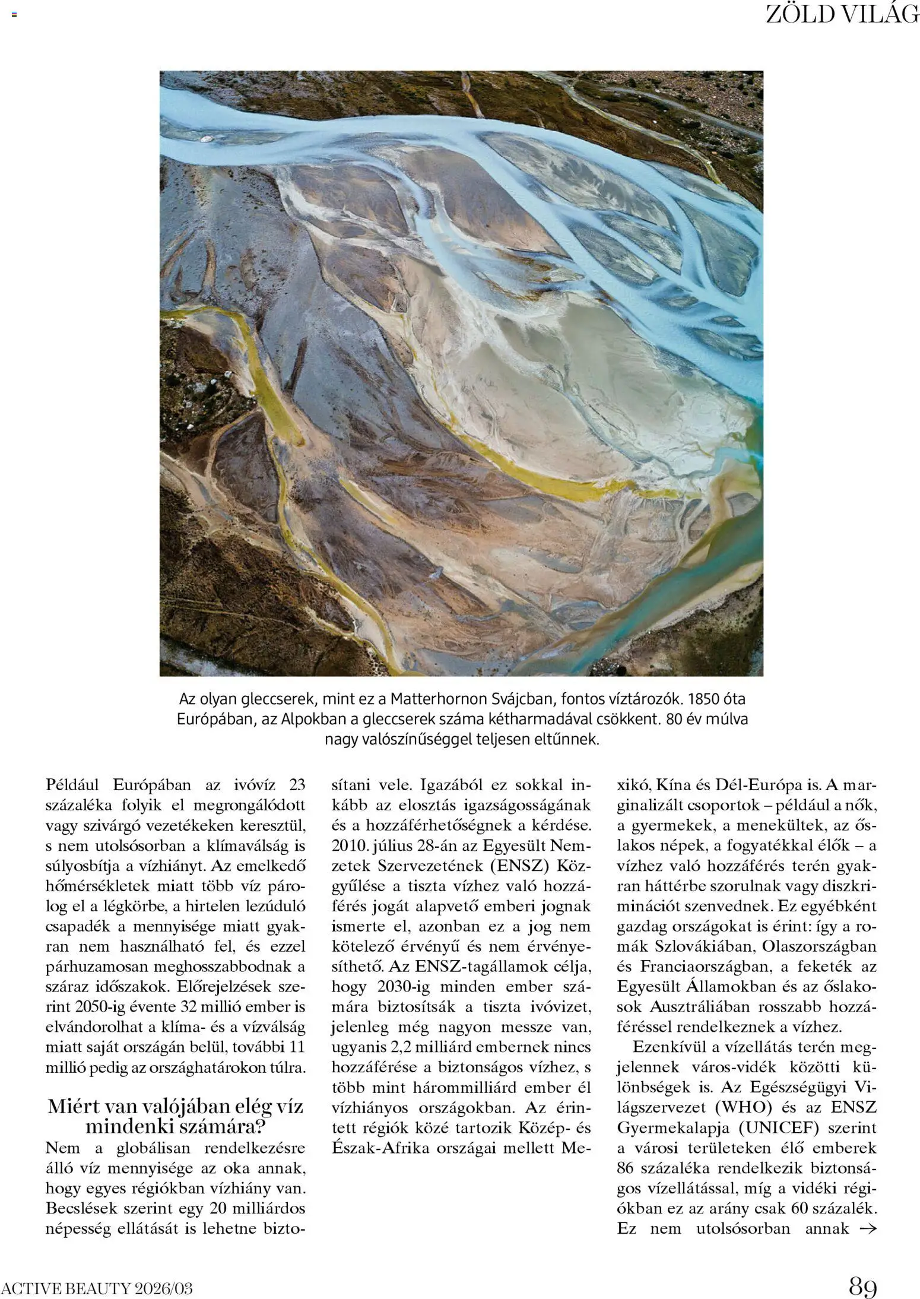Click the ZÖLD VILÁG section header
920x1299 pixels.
(x=842, y=14)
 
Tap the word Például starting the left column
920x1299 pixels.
(x=75, y=785)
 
